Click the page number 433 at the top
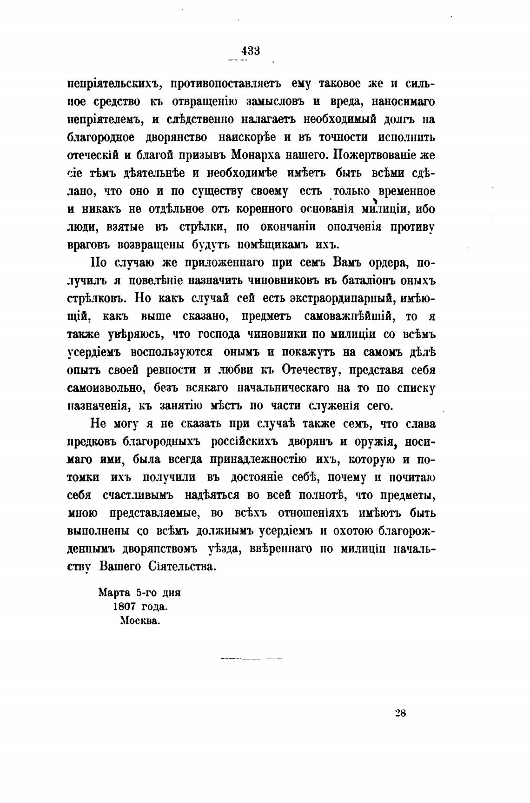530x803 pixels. tap(251, 50)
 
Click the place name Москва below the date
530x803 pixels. tap(140, 621)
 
